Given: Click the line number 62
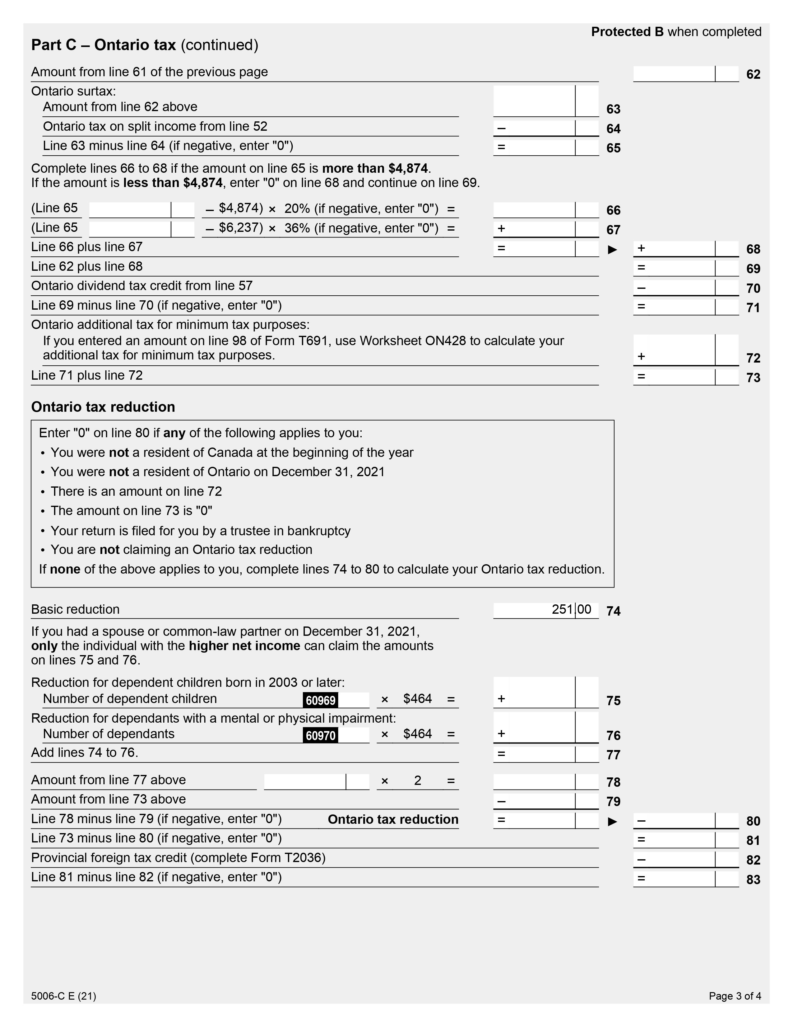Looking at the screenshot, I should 753,74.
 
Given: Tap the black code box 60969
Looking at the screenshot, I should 320,700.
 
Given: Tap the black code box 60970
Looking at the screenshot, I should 320,735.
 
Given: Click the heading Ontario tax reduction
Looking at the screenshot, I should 103,407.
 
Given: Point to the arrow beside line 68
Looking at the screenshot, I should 612,249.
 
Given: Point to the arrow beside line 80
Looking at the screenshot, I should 612,821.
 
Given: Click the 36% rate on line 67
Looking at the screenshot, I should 294,228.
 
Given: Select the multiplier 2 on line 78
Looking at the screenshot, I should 417,781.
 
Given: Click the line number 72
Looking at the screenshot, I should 753,358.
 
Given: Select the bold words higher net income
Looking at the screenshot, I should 244,646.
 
